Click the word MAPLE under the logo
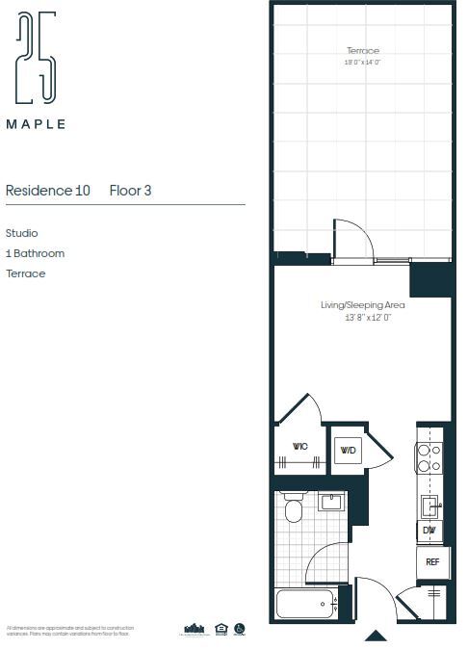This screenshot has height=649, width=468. pos(37,124)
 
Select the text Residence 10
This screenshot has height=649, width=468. pos(48,191)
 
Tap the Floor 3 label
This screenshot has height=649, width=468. pos(131,191)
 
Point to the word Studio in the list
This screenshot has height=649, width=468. pos(22,233)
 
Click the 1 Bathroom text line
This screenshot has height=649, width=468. pos(35,253)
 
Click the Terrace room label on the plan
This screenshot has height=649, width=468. pos(363,51)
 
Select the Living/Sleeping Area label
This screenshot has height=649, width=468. pos(362,305)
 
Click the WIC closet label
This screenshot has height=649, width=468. pos(299,447)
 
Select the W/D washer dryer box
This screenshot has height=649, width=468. pos(348,450)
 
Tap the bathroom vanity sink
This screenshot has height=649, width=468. pos(332,502)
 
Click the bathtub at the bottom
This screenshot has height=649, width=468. pos(306,604)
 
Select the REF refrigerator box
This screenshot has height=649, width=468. pos(432,561)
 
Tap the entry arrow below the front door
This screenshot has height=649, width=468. pos(376,636)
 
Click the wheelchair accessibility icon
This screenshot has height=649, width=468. pos(240,629)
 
